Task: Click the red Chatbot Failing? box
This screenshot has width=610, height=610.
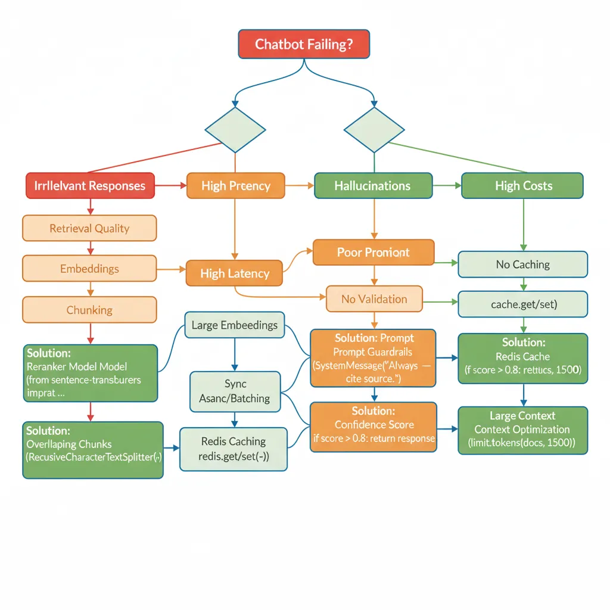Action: tap(304, 44)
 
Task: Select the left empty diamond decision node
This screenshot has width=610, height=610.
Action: tap(235, 130)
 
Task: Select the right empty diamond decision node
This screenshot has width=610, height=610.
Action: tap(374, 130)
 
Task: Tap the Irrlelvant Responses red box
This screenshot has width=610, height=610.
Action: tap(90, 186)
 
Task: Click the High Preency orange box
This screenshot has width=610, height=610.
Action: tap(235, 186)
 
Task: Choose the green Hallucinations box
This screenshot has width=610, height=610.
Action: tap(373, 186)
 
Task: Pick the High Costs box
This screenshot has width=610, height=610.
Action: tap(523, 186)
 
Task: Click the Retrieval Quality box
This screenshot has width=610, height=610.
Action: tap(89, 228)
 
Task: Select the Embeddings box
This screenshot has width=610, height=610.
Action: tap(89, 269)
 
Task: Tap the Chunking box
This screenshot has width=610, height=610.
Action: tap(89, 310)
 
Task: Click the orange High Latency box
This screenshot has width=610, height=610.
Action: tap(235, 273)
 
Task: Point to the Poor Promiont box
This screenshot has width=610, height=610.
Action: tap(374, 252)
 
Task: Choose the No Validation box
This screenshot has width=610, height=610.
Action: tap(374, 299)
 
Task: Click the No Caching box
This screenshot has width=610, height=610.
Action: tap(522, 264)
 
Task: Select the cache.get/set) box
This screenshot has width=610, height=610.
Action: tap(522, 304)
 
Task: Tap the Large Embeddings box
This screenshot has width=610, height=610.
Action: tap(234, 325)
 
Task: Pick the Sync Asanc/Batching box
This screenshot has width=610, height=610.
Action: tap(235, 391)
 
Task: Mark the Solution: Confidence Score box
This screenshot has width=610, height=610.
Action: tap(374, 425)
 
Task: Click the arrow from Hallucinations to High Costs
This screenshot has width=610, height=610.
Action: tap(447, 186)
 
